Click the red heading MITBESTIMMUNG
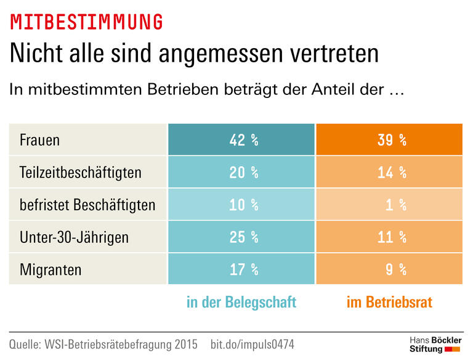point(87,22)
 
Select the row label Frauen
point(40,140)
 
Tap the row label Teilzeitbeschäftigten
point(80,173)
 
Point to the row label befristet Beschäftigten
point(87,205)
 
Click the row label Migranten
point(51,269)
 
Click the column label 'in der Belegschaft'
point(241,302)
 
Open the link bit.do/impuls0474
point(253,343)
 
